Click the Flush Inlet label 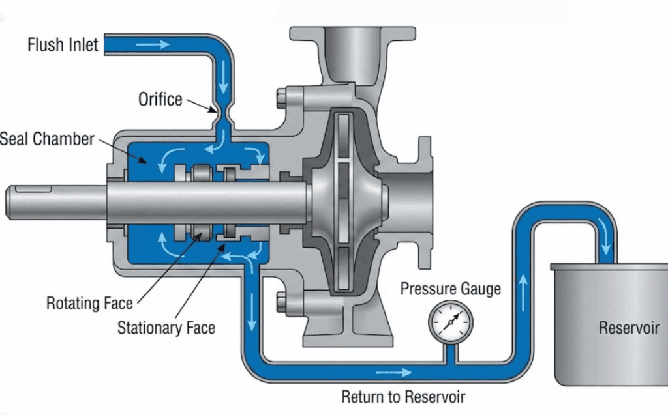pos(63,45)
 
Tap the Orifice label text pos(160,99)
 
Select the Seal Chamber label pos(47,139)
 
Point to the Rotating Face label pos(89,303)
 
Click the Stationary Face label pos(166,327)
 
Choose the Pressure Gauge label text pos(450,288)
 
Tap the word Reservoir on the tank pos(629,327)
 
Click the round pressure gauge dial pos(451,321)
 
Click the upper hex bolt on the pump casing pos(282,100)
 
